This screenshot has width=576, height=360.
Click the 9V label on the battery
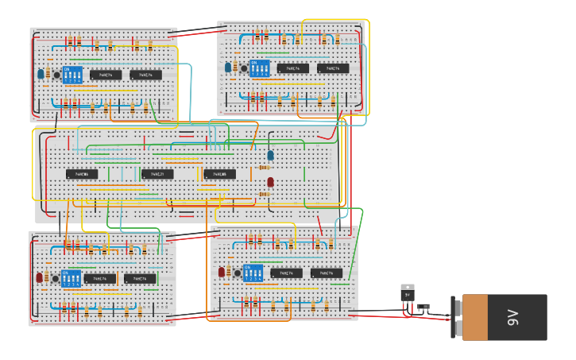(513, 318)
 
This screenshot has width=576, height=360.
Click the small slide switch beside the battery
(423, 306)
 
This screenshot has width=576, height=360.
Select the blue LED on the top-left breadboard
(41, 73)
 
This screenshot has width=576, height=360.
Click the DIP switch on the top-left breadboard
(72, 75)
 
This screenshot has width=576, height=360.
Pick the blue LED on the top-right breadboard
(228, 68)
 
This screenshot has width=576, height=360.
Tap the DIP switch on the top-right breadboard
(260, 68)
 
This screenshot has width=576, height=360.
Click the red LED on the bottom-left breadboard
(39, 277)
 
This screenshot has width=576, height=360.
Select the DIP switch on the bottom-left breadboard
(72, 279)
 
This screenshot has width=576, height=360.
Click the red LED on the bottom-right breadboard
(222, 272)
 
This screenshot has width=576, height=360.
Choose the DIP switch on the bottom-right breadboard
(253, 273)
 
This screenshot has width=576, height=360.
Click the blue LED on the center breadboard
(270, 155)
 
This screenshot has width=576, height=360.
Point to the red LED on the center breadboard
(270, 182)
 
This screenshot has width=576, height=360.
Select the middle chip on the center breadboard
(157, 174)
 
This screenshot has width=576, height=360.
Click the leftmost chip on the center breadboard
(82, 174)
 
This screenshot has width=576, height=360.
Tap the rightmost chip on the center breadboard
(219, 174)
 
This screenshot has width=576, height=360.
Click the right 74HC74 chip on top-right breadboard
(333, 68)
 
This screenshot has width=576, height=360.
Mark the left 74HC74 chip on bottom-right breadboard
(286, 273)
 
